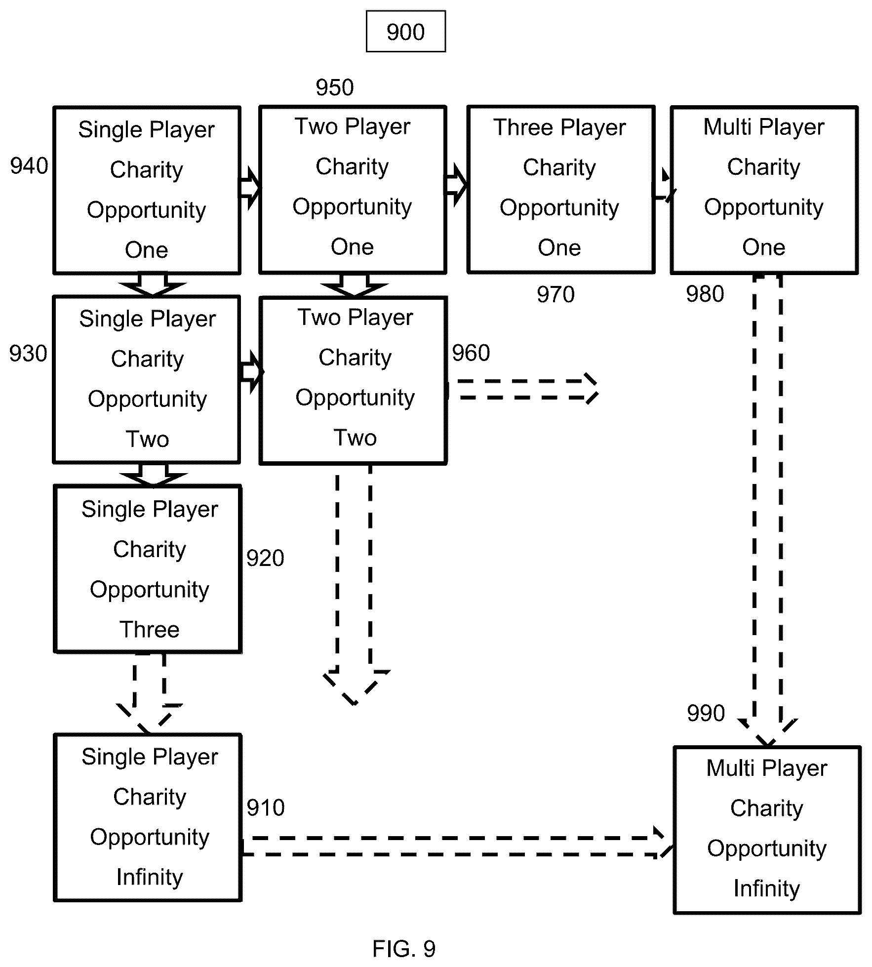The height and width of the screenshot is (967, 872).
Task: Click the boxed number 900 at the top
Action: coord(405,32)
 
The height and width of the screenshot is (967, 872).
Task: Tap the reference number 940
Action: coord(29,166)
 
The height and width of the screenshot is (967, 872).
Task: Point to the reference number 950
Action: coord(335,87)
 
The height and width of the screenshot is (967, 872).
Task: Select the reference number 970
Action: coord(555,294)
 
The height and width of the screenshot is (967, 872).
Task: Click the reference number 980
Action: coord(705,294)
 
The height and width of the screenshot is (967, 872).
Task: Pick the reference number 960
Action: coord(471,353)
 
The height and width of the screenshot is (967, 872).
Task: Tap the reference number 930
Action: coord(28,354)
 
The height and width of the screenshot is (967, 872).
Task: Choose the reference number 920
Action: coord(265,558)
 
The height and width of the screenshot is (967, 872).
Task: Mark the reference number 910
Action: coord(266,808)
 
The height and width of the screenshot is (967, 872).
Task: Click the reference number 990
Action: coord(706,713)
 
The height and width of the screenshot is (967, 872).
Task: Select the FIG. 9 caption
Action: coord(404,949)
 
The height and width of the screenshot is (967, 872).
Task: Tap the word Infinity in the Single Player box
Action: coord(150,877)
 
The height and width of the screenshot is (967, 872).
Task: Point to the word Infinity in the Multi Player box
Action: coord(766,888)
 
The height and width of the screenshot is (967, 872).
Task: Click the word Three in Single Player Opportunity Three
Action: coord(150,630)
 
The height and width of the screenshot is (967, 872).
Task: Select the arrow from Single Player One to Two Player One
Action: coord(250,188)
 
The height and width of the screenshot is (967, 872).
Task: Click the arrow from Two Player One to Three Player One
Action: coord(456,186)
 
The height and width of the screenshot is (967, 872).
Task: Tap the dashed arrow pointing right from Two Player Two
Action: coord(522,390)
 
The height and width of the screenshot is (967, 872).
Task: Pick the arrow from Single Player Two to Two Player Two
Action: coord(251,372)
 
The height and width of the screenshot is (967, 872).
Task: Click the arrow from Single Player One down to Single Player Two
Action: coord(153,285)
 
